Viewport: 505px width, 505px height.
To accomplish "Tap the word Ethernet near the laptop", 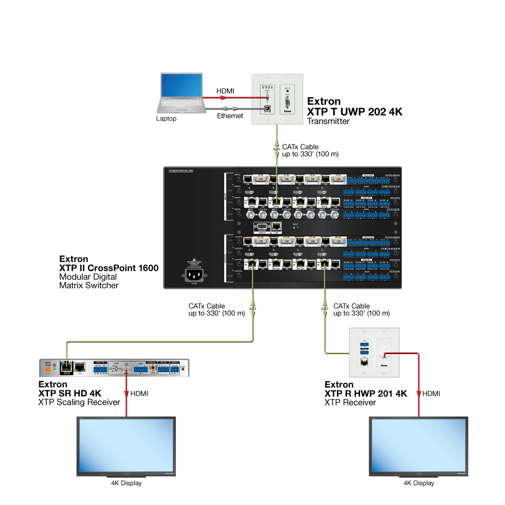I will click(230, 116).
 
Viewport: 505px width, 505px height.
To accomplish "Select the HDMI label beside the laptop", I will click(225, 90).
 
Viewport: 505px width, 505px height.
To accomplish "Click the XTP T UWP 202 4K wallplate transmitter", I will click(277, 98).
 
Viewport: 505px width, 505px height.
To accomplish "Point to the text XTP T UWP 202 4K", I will click(355, 112).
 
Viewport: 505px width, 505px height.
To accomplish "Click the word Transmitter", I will click(328, 121).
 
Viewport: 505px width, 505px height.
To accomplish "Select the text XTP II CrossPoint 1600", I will click(109, 268).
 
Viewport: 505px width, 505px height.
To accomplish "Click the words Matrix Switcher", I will click(89, 285).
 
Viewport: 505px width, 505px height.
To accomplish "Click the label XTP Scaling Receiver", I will click(79, 402).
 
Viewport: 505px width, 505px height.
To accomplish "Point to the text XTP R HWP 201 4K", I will click(366, 394).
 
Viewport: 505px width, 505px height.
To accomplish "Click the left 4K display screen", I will click(126, 444).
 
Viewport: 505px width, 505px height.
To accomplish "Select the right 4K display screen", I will click(419, 444).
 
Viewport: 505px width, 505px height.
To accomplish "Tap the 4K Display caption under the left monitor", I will click(126, 483).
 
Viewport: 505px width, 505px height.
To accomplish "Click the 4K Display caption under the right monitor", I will click(419, 483).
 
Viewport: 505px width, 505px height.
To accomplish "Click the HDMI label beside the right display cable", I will click(431, 393).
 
